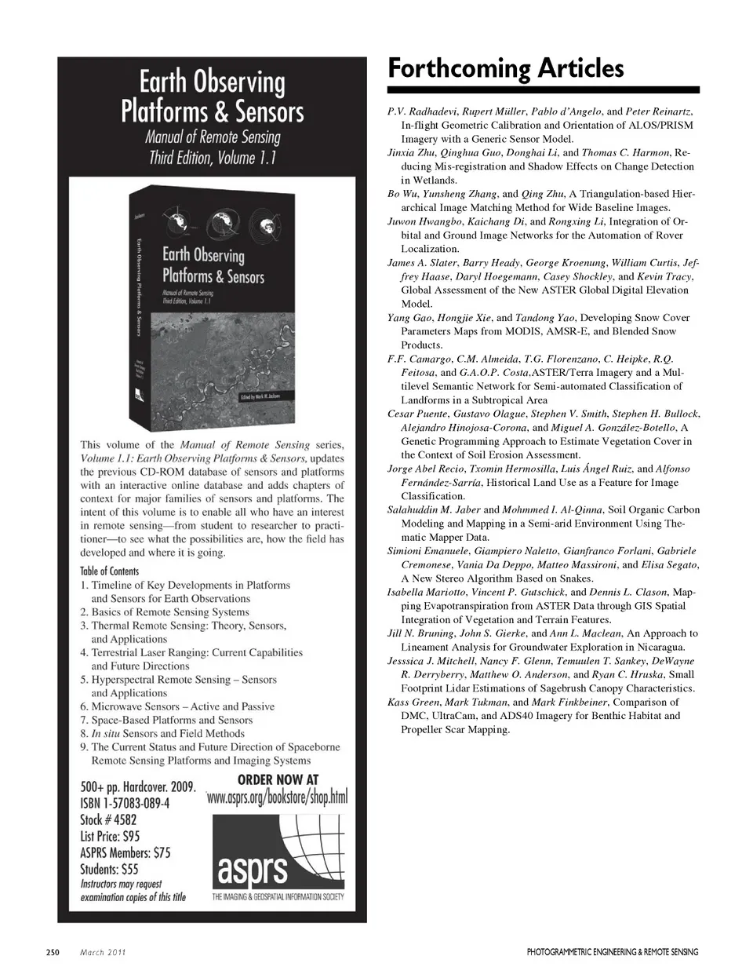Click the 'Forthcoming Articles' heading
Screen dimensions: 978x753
506,68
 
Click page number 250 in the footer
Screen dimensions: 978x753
53,952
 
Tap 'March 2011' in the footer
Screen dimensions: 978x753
104,952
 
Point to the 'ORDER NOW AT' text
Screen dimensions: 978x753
278,779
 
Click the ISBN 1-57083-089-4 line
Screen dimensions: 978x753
125,803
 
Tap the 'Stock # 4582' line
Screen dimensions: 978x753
113,819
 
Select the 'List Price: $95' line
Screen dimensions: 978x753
110,836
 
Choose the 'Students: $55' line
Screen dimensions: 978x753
109,869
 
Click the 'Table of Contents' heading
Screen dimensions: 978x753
109,571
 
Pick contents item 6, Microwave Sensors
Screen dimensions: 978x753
177,706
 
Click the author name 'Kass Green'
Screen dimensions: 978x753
413,702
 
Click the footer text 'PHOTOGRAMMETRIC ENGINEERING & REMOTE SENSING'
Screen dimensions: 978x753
613,952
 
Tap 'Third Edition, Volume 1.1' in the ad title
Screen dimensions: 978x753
213,158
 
